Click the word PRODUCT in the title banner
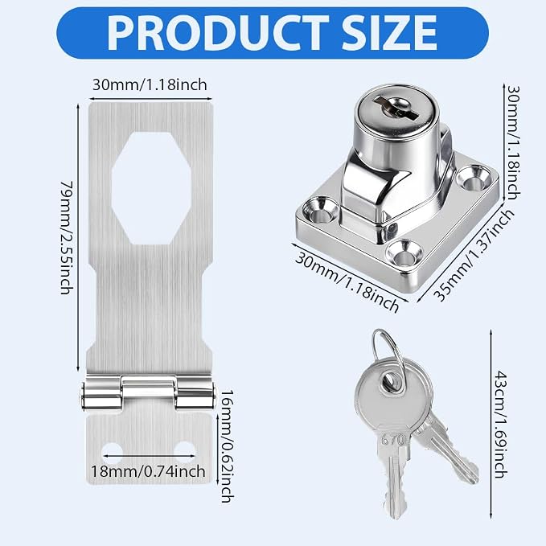pos(218,33)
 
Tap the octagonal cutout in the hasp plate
pos(151,188)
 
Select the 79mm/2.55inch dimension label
pos(67,237)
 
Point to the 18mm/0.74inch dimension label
pos(148,471)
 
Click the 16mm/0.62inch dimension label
pos(227,446)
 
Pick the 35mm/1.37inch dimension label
pos(474,255)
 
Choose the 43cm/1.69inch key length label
pos(501,425)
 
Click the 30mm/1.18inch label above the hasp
pos(150,84)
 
